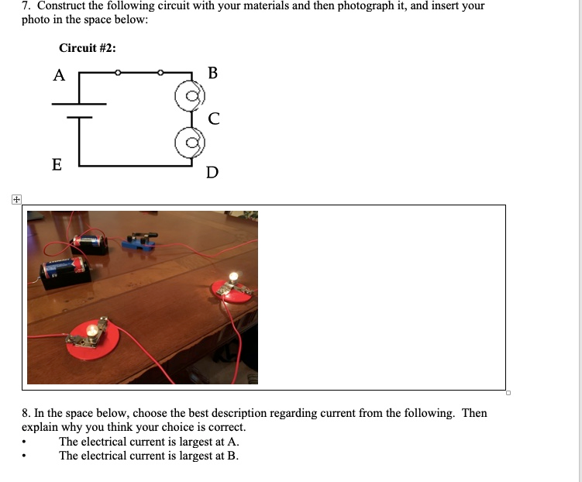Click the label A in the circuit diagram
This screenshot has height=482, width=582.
click(59, 75)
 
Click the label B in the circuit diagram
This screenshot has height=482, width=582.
click(213, 74)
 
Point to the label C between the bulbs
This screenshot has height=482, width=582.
click(214, 119)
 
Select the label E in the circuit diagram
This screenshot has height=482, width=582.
click(57, 164)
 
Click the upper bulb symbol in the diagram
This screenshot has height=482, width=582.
click(188, 97)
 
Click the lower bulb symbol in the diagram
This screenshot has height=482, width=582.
click(188, 143)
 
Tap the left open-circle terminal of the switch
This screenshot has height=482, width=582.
click(117, 73)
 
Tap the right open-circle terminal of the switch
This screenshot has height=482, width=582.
click(160, 73)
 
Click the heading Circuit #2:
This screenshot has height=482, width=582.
click(88, 48)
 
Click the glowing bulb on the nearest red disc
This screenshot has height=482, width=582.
click(93, 332)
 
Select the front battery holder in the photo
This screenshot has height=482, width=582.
click(67, 272)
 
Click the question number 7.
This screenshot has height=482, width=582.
click(26, 5)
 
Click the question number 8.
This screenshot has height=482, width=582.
click(26, 413)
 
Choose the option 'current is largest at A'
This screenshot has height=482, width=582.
click(143, 442)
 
